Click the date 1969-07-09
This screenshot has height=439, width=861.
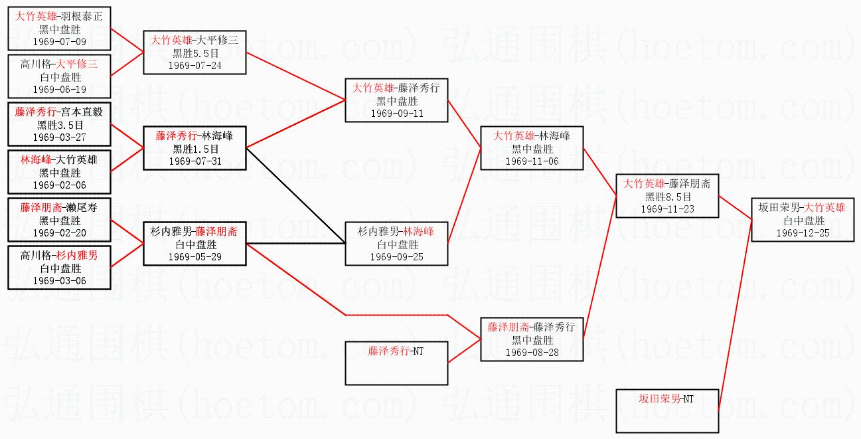pyautogui.click(x=60, y=41)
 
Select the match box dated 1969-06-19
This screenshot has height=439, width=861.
pyautogui.click(x=60, y=77)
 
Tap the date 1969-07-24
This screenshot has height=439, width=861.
pyautogui.click(x=195, y=65)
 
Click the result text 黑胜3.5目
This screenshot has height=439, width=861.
pyautogui.click(x=60, y=125)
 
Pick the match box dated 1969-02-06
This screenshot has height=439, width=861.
pyautogui.click(x=60, y=172)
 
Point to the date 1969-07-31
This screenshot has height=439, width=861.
pyautogui.click(x=195, y=161)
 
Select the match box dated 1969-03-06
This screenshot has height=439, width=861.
pyautogui.click(x=60, y=268)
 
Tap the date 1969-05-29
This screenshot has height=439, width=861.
pyautogui.click(x=195, y=256)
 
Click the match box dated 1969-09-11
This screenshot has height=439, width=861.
pyautogui.click(x=396, y=100)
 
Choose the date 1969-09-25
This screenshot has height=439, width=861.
pyautogui.click(x=396, y=257)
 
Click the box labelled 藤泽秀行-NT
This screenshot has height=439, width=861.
pyautogui.click(x=396, y=363)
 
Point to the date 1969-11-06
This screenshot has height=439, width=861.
pyautogui.click(x=532, y=161)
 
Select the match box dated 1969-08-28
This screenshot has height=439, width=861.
pyautogui.click(x=532, y=339)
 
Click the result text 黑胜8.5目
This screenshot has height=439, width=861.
pyautogui.click(x=668, y=197)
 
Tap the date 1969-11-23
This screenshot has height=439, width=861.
pyautogui.click(x=668, y=209)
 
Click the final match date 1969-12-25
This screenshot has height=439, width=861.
pyautogui.click(x=803, y=233)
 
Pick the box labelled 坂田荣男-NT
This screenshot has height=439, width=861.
pyautogui.click(x=667, y=410)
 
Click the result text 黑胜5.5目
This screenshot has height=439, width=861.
pyautogui.click(x=195, y=53)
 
